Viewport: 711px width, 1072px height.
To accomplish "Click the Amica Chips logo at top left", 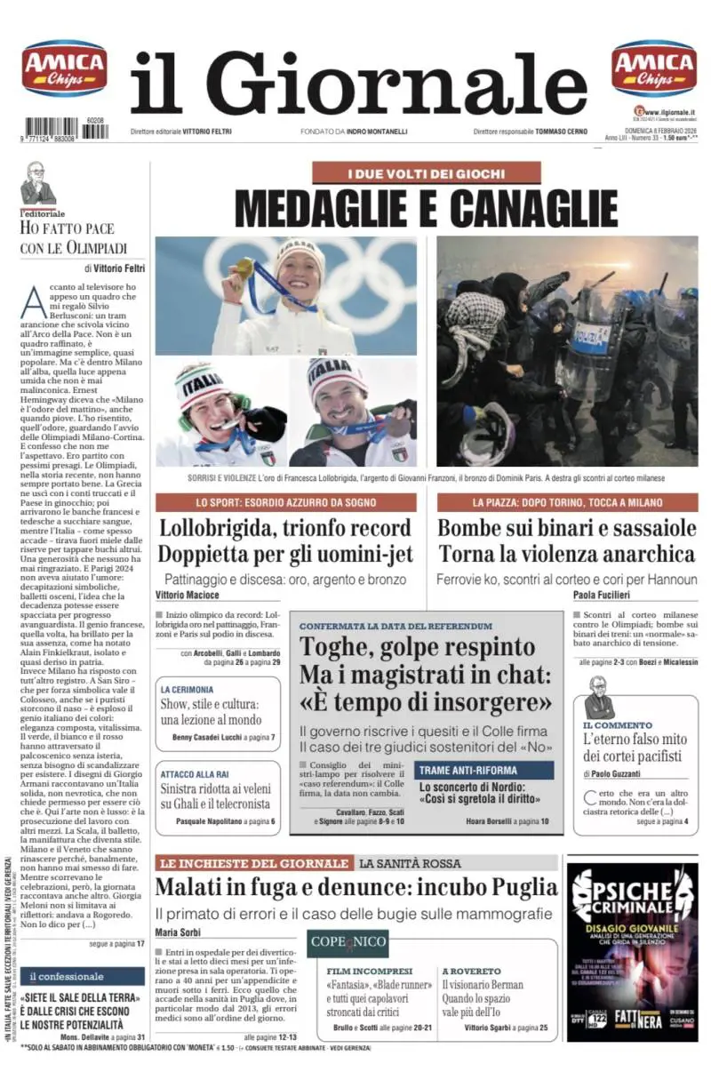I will (64, 68).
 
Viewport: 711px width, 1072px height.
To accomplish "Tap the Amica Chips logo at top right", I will (654, 68).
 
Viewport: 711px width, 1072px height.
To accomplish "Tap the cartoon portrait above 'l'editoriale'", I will (38, 183).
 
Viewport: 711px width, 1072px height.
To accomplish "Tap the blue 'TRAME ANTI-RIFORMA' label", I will (468, 770).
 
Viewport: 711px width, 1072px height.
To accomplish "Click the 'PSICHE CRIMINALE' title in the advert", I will (627, 896).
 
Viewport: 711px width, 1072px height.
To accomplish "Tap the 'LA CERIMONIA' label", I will (187, 689).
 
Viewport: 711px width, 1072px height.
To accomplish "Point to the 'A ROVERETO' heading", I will (471, 971).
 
